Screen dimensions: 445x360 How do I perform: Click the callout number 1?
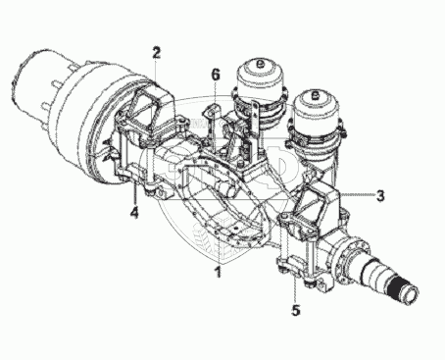click(x=218, y=272)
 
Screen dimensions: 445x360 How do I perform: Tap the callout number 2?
click(x=157, y=53)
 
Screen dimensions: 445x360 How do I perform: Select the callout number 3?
click(x=380, y=196)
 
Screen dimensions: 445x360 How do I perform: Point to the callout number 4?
click(x=134, y=212)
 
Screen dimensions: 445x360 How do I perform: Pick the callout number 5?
click(x=296, y=310)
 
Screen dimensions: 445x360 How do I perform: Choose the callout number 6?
click(x=216, y=75)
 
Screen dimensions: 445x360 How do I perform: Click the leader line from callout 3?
click(x=357, y=194)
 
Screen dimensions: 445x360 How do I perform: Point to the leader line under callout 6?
click(x=215, y=115)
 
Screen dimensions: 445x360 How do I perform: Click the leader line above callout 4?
click(x=135, y=193)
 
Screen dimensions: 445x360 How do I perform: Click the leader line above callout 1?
click(x=218, y=247)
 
